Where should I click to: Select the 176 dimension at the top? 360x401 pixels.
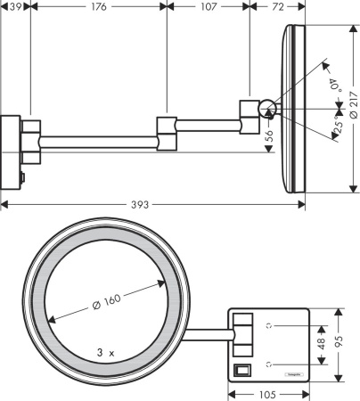coord(98,7)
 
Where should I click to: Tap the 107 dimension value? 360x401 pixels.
coord(208,7)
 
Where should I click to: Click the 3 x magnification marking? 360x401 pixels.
coord(105,353)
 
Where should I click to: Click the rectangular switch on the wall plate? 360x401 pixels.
coord(241,370)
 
